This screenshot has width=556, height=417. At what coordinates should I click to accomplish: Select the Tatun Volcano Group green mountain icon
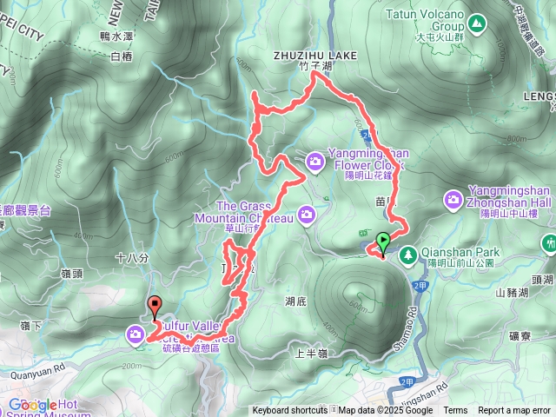pyautogui.click(x=475, y=21)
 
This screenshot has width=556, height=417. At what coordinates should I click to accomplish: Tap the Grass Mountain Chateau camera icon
pyautogui.click(x=306, y=214)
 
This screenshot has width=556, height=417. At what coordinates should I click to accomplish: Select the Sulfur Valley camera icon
pyautogui.click(x=136, y=334)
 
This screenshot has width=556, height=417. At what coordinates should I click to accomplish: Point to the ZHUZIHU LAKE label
pyautogui.click(x=315, y=56)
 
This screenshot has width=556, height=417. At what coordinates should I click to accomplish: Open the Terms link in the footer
pyautogui.click(x=455, y=411)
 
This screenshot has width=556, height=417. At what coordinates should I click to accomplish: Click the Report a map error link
pyautogui.click(x=514, y=411)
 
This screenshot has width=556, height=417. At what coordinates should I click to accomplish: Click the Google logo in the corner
pyautogui.click(x=32, y=405)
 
